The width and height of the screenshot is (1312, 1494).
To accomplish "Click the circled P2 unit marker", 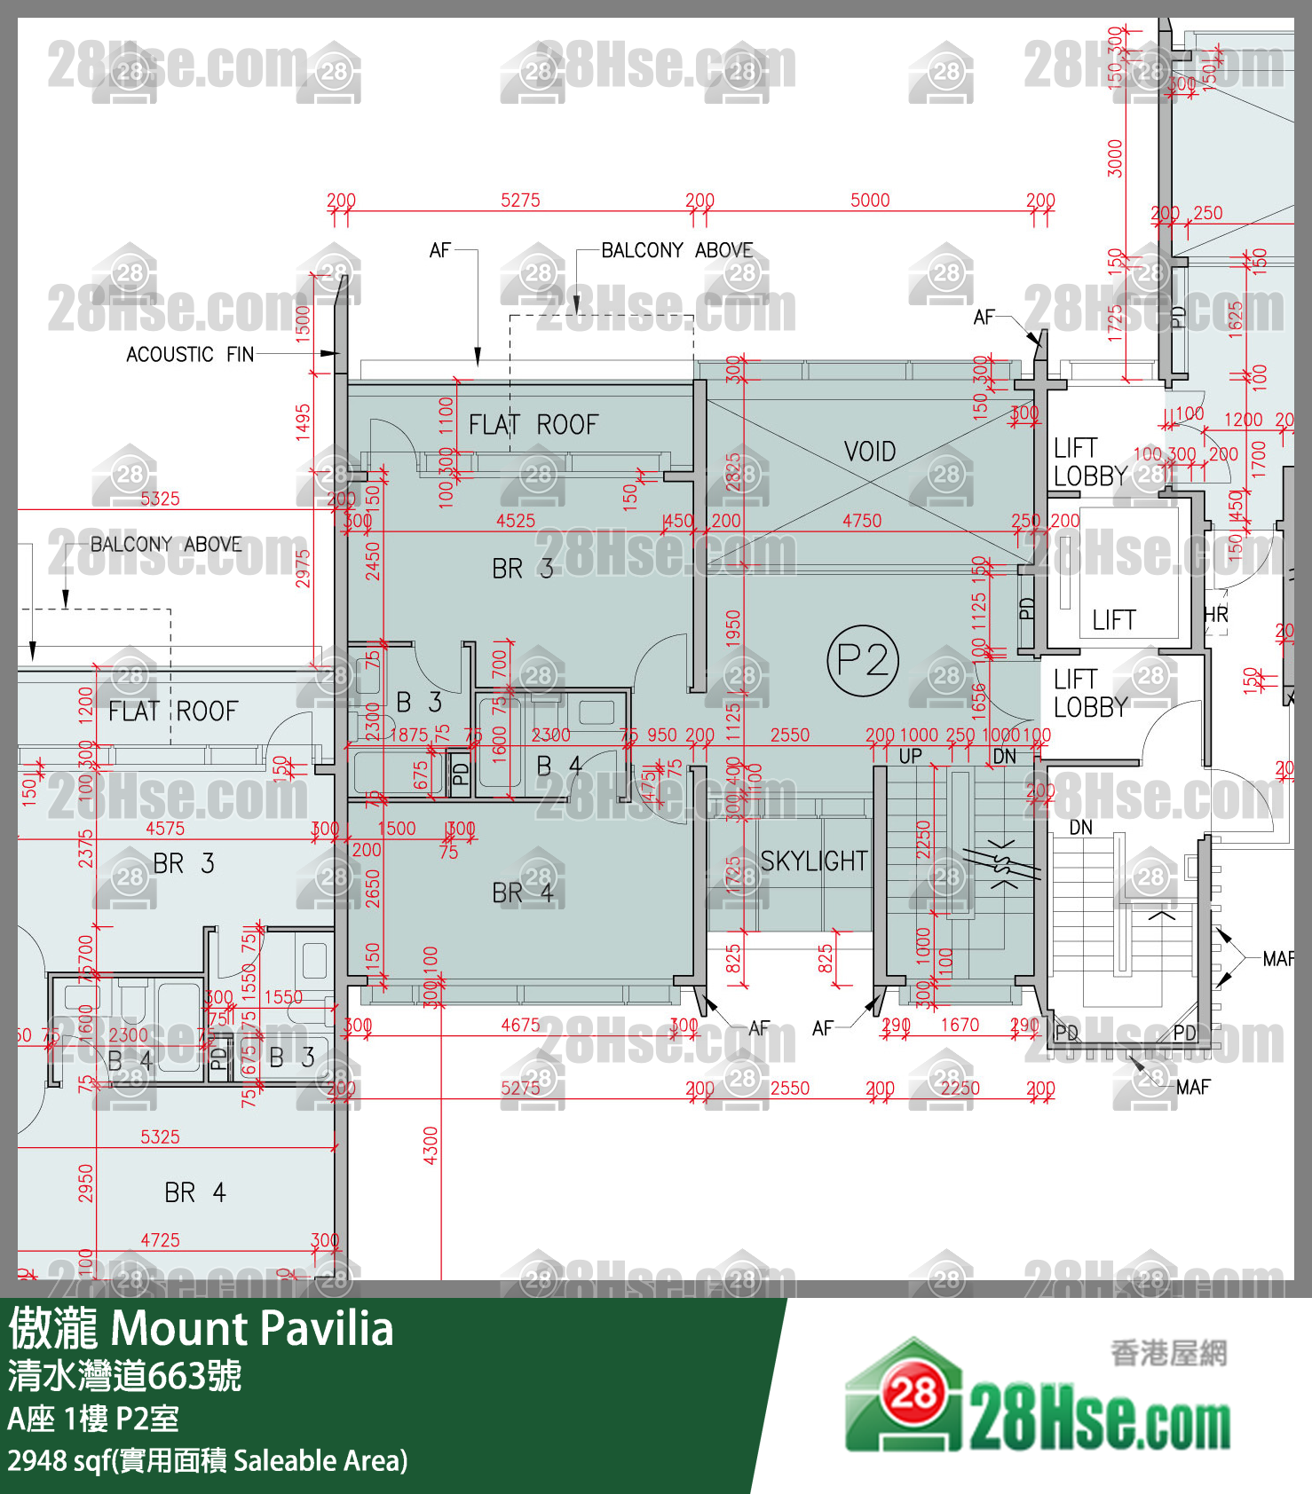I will coord(863,660).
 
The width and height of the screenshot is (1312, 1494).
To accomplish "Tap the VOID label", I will coord(870,452).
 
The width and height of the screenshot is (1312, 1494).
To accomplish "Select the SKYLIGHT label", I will coord(813,861).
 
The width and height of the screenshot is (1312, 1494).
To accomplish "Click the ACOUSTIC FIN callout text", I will coord(190,354).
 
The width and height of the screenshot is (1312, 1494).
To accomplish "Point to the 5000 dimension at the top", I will coord(870,200).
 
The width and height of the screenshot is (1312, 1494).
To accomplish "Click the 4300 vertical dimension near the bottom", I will coord(431,1144).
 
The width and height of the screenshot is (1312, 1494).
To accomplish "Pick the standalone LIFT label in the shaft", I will coord(1114,619).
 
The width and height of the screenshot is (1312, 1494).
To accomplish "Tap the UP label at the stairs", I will coord(910,757).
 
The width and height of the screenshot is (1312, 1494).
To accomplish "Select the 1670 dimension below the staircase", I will coord(960,1025).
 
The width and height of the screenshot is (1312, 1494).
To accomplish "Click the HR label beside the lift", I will coord(1215,615).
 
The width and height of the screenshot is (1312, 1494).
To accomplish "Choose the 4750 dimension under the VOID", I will coord(862,521).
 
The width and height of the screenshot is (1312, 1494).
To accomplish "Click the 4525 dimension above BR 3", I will coord(516,521).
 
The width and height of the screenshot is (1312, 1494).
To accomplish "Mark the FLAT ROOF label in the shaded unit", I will coord(533,424).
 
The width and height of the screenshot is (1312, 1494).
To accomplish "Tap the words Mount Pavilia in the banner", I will coord(251,1328).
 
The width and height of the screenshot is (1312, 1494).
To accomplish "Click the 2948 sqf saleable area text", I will coord(207,1460).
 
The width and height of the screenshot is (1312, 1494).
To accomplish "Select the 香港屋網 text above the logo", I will coord(1168,1353).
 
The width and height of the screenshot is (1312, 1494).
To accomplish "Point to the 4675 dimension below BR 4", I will coord(520,1025).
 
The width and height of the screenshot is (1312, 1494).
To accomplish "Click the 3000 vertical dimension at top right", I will coord(1115,158).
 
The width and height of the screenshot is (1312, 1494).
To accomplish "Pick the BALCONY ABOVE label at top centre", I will coord(676,250).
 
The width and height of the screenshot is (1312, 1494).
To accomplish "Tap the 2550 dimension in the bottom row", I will coord(789,1088).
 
